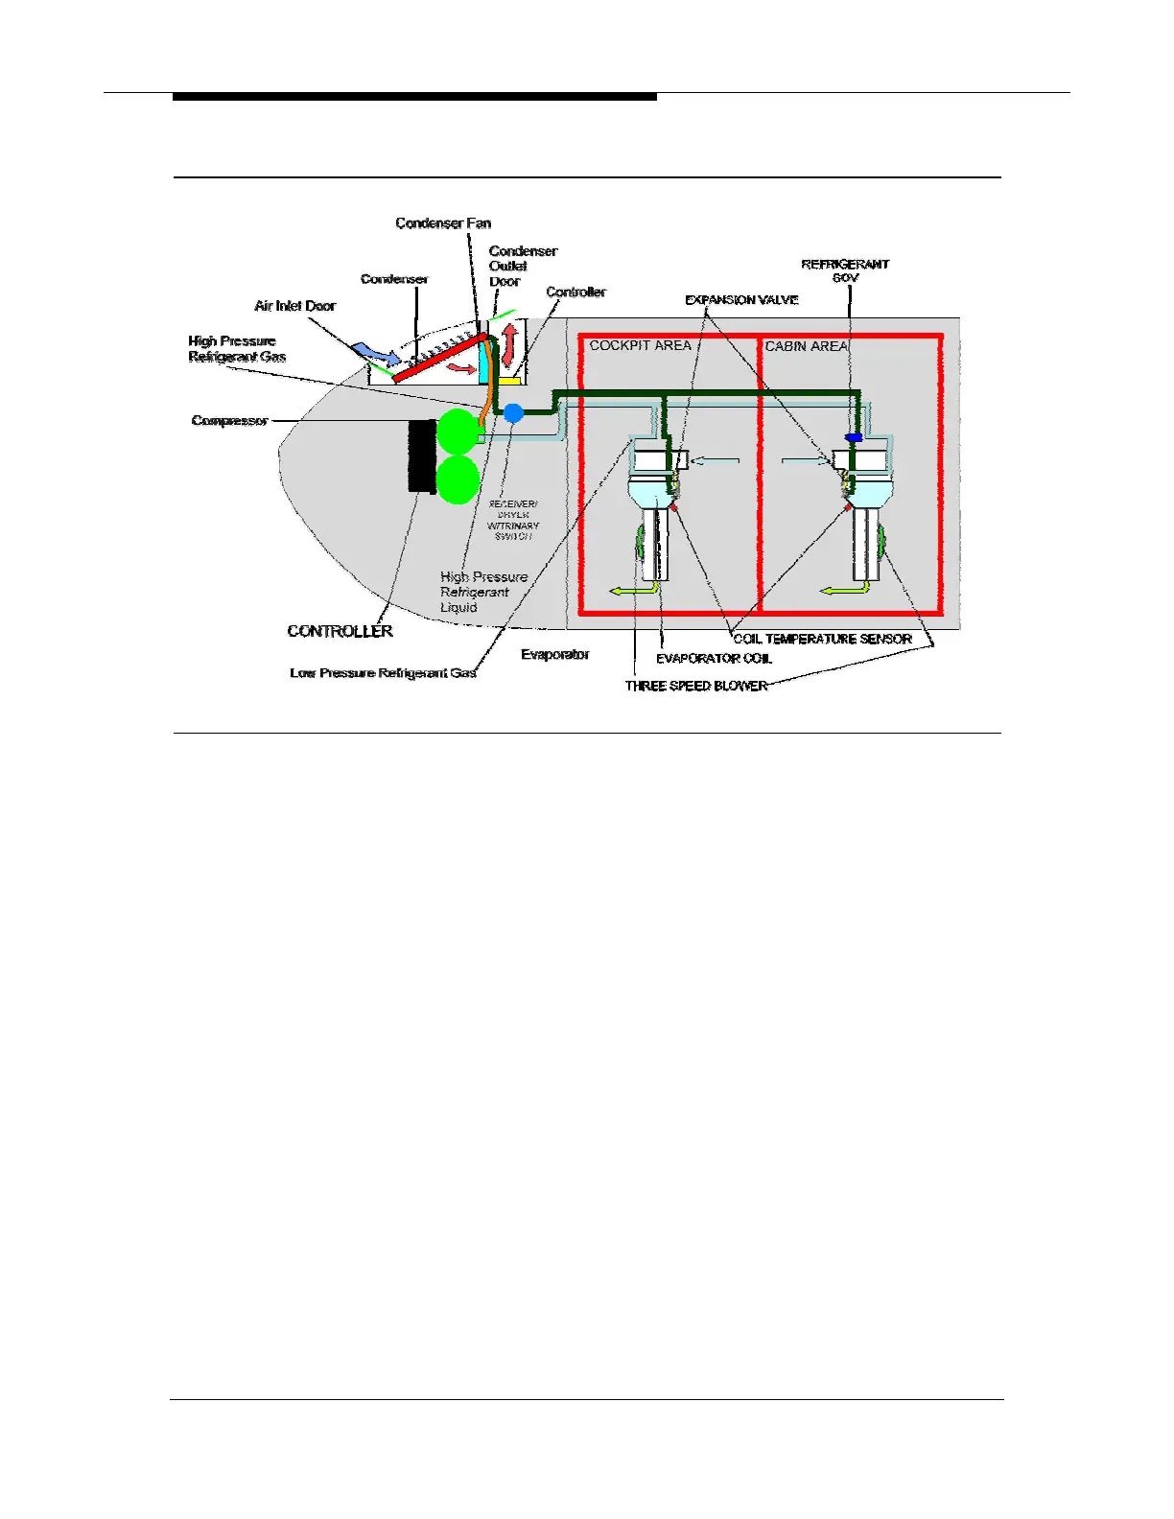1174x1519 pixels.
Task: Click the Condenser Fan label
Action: click(443, 223)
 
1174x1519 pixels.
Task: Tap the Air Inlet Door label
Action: click(294, 306)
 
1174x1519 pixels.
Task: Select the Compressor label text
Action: click(229, 421)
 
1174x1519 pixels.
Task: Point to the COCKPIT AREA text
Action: click(640, 345)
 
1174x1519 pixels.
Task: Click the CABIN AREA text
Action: click(806, 346)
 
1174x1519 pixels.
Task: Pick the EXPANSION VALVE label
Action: click(741, 300)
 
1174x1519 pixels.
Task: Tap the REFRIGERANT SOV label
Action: click(845, 270)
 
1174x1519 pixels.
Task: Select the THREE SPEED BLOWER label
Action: click(696, 686)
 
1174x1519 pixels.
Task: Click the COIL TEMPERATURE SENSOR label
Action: click(822, 639)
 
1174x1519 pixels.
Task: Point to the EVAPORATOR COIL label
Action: click(714, 659)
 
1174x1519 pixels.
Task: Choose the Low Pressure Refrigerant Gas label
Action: click(383, 673)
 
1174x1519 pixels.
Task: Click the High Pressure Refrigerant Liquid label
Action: click(483, 592)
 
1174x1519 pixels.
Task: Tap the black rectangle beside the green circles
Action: click(422, 456)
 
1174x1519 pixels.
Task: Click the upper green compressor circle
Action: click(457, 432)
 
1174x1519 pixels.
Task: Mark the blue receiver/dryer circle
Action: click(514, 413)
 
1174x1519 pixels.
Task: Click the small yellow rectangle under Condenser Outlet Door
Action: click(508, 381)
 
